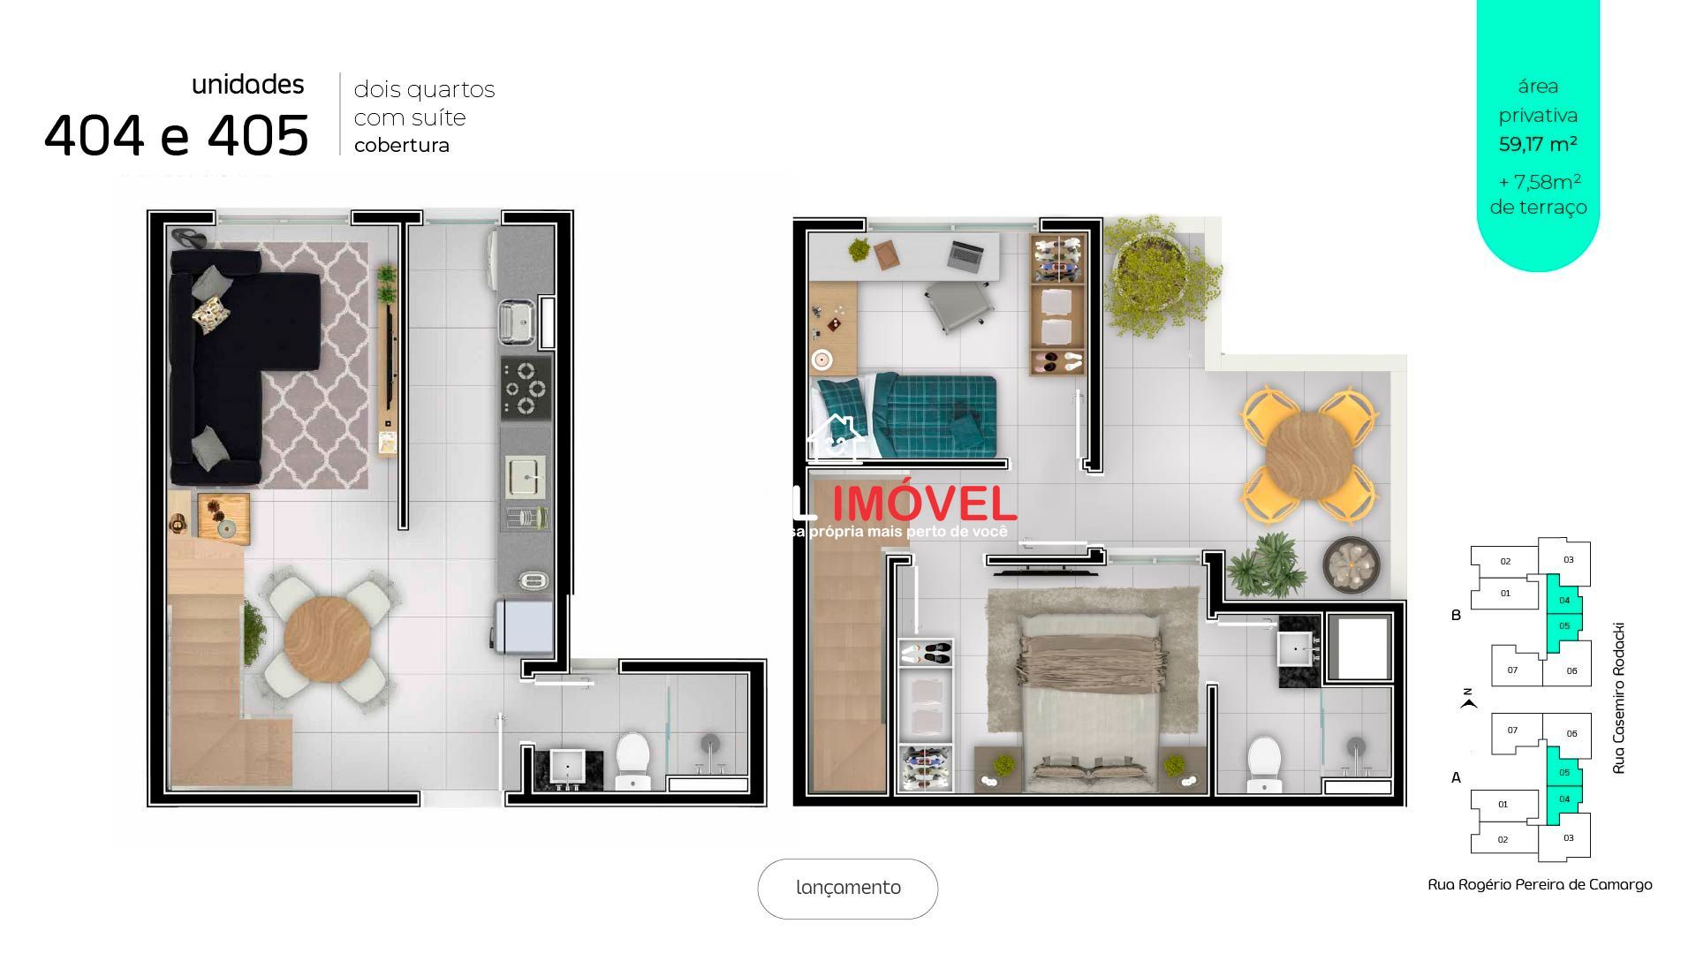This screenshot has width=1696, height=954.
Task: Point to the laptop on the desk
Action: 968,254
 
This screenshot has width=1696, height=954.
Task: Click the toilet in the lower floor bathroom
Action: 632,759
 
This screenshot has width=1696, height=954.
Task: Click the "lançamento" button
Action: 847,888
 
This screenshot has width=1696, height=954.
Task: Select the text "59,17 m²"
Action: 1538,144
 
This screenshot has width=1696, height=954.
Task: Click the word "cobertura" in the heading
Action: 402,146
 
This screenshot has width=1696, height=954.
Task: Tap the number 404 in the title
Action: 94,136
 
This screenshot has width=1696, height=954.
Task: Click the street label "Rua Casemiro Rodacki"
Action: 1618,698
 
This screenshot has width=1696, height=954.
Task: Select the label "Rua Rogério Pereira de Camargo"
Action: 1540,884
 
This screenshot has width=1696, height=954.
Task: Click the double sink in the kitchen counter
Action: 517,322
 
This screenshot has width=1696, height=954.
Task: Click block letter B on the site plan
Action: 1457,615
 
